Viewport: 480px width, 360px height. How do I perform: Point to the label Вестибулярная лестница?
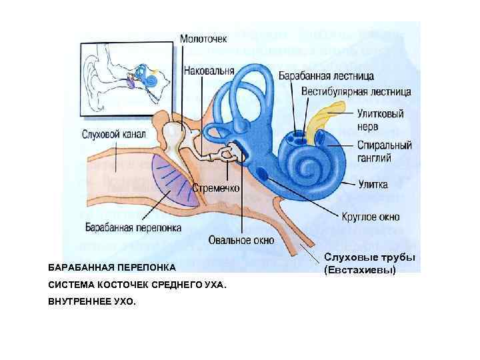click(355, 91)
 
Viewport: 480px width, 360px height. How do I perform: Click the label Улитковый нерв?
click(379, 120)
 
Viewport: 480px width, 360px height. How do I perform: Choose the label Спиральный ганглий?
click(383, 151)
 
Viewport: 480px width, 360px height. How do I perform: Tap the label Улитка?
click(372, 183)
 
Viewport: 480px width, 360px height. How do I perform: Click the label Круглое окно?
click(370, 217)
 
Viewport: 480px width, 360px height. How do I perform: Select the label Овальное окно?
click(241, 240)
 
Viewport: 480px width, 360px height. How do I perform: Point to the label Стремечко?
click(216, 188)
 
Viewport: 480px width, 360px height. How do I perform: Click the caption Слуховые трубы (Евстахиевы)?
click(369, 264)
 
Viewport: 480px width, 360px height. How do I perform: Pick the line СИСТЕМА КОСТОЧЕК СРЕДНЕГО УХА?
click(137, 285)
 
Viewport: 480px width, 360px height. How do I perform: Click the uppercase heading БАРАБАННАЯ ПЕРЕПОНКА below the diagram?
click(112, 267)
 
